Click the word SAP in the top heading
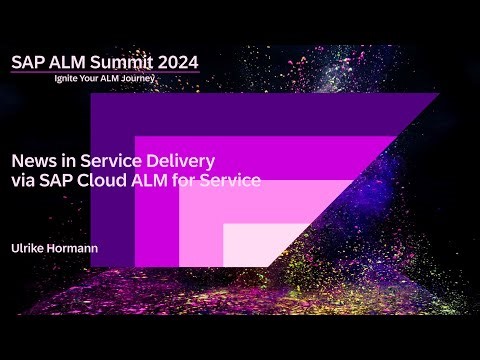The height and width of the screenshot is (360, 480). pyautogui.click(x=28, y=62)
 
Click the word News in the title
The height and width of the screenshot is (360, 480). pyautogui.click(x=30, y=160)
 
